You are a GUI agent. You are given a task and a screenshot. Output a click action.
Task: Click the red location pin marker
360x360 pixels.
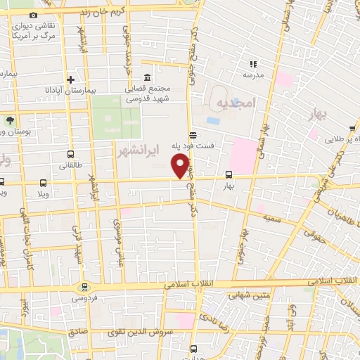tap(181, 167)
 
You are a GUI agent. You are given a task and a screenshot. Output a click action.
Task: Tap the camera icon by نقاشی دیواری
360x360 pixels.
tap(33, 15)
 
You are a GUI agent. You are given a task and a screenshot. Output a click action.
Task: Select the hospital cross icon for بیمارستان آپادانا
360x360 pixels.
tap(71, 80)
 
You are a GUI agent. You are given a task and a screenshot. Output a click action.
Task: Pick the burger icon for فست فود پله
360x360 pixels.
tap(193, 135)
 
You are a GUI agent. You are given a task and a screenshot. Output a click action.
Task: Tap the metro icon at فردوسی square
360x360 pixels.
tap(85, 287)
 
